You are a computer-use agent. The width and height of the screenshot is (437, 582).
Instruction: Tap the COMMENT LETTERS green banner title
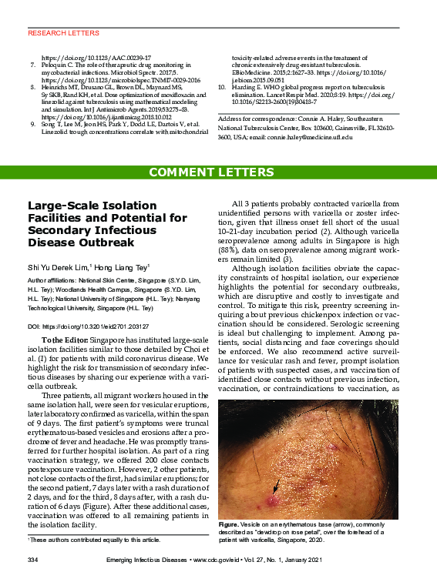pos(218,172)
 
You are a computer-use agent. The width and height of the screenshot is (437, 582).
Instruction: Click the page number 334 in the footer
pos(33,557)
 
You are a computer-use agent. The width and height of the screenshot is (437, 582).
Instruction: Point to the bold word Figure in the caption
pos(230,523)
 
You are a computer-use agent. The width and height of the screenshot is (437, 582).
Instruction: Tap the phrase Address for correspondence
pos(254,121)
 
